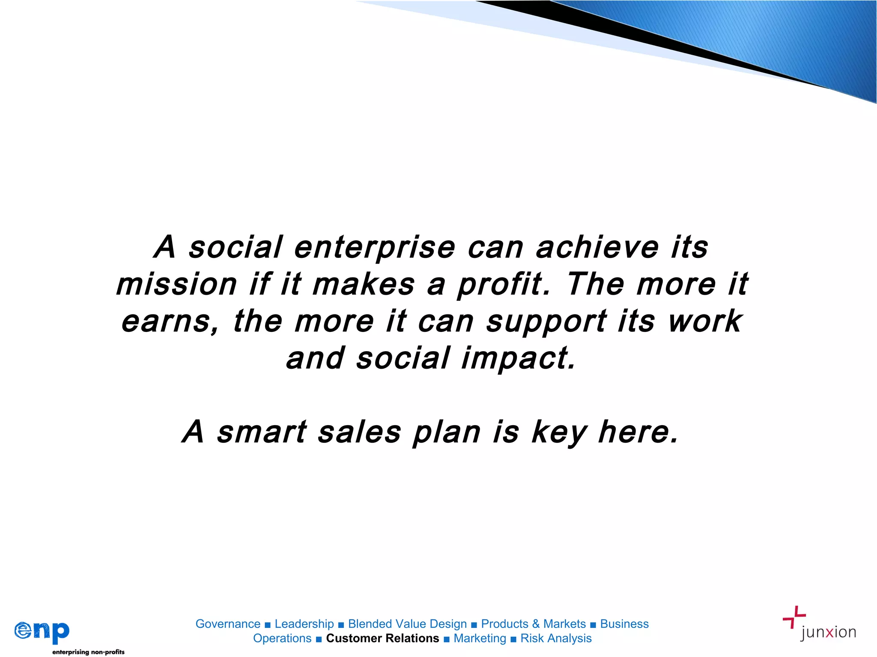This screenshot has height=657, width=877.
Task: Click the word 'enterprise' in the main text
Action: click(x=375, y=248)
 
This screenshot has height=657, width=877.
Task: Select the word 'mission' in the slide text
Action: click(x=176, y=285)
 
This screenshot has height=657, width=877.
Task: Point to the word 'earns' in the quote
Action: click(x=170, y=322)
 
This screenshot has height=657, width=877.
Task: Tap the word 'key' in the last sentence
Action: click(x=559, y=433)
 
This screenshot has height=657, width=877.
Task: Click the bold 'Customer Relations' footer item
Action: click(x=382, y=638)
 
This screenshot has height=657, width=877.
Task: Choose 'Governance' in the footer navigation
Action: click(x=228, y=624)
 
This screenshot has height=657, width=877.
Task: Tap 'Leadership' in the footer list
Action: click(x=304, y=624)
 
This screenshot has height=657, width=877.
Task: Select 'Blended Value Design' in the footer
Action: click(x=407, y=624)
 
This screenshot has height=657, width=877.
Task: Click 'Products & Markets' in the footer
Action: click(x=533, y=624)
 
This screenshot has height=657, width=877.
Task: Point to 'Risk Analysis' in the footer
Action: click(x=556, y=638)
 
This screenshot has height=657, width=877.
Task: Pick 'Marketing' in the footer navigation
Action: click(x=480, y=638)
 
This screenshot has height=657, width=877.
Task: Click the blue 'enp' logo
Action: click(x=42, y=631)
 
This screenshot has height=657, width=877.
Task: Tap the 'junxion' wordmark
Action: click(x=828, y=633)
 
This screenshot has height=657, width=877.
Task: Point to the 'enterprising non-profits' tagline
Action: click(x=88, y=652)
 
